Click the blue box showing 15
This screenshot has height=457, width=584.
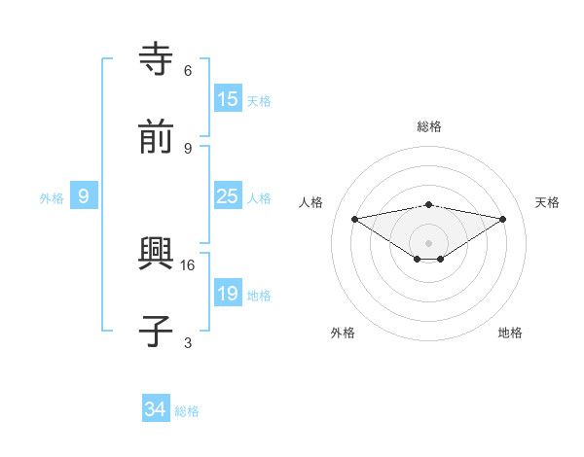pos(228,98)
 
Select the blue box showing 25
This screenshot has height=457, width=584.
pos(228,195)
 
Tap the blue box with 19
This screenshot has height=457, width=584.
pos(228,293)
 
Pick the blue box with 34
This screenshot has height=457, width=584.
pos(156,409)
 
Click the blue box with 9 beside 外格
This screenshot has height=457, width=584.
pos(84,196)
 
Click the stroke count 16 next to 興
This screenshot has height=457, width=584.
pos(188,264)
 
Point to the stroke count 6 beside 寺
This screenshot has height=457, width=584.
pos(188,70)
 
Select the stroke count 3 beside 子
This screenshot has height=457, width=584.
pos(188,342)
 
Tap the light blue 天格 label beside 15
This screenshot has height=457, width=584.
pos(258,100)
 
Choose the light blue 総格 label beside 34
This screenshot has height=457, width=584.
pos(187,411)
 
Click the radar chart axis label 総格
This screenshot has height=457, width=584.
pos(429,126)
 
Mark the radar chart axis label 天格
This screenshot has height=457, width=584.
pos(547,202)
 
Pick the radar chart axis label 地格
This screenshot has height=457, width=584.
pos(510,333)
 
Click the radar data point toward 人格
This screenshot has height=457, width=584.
pos(355,219)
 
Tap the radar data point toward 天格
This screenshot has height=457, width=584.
pos(503,219)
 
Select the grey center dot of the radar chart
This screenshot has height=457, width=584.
pos(429,242)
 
